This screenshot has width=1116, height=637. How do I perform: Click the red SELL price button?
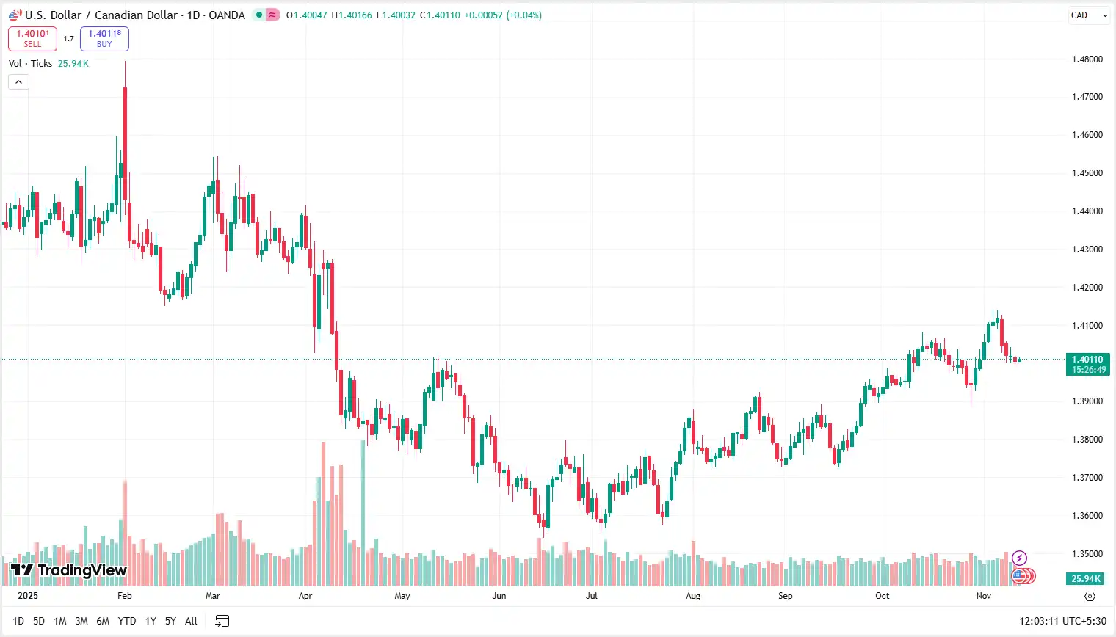click(32, 38)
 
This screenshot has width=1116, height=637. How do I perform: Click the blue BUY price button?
click(104, 38)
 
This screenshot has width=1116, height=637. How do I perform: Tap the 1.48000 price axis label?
click(1087, 59)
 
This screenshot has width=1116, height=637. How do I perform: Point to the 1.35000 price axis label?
click(1087, 554)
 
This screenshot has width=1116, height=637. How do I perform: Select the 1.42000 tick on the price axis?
click(1087, 288)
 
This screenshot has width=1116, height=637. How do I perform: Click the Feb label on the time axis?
click(124, 596)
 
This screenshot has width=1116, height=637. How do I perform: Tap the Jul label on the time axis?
click(591, 596)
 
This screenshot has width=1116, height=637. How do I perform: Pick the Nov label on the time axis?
click(983, 596)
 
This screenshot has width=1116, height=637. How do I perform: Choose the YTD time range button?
click(127, 621)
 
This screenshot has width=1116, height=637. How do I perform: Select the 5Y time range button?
click(170, 621)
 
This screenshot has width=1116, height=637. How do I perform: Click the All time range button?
click(191, 621)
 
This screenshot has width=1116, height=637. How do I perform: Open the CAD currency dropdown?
click(1088, 15)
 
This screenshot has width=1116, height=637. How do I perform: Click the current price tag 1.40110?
click(1087, 364)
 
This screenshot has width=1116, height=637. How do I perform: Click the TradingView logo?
click(69, 570)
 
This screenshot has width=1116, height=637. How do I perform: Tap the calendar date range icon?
click(222, 621)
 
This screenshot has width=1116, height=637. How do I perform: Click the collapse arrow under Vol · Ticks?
click(18, 81)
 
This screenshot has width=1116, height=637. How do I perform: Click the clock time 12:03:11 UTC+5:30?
click(1062, 621)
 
